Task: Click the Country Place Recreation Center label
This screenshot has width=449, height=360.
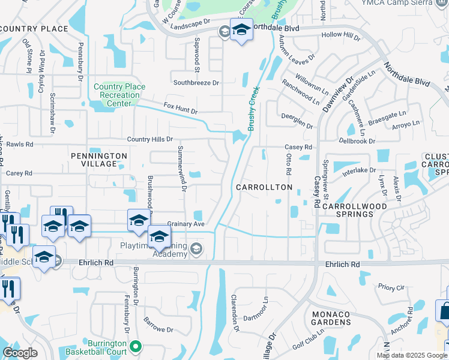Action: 119,95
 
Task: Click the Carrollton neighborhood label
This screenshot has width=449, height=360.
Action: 264,187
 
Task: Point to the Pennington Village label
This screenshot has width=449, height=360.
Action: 99,160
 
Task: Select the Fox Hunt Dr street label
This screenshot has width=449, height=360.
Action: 180,108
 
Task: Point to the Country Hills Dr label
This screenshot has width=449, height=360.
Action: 149,139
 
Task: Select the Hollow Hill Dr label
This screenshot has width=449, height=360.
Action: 340,36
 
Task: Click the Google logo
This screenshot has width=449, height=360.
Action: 20,353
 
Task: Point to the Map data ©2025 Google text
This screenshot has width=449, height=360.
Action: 412,355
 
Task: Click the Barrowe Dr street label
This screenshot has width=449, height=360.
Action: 157,329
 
